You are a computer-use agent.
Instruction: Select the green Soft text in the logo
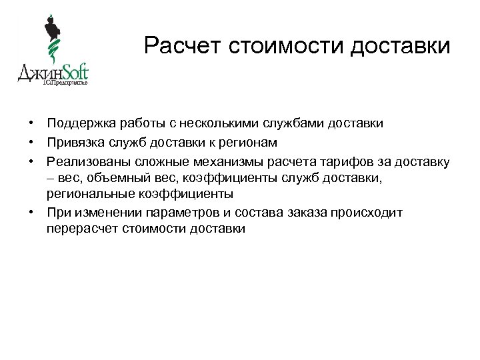point(73,72)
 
